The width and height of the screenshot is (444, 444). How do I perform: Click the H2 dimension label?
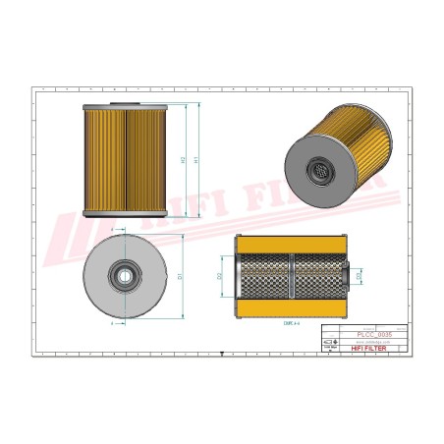click(184, 159)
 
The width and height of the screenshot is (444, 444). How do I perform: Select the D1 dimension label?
click(180, 275)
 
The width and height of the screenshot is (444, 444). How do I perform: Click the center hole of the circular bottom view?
click(126, 275)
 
